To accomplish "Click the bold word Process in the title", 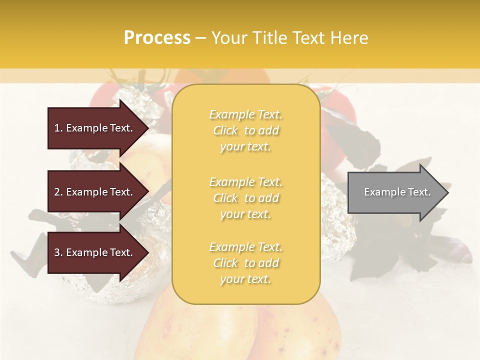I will pos(157,38).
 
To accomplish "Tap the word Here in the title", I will pos(349,38).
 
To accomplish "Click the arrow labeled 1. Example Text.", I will pos(95,128).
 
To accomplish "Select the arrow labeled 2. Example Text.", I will pos(95,192).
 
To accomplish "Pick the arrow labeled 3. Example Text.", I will pos(95,252).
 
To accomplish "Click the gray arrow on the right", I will pos(395,192).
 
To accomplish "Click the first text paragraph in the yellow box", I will pos(246,130).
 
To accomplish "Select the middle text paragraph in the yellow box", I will pos(246,198).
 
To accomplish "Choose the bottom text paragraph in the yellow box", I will pos(246,263).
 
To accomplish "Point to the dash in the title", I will pos(200,38).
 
